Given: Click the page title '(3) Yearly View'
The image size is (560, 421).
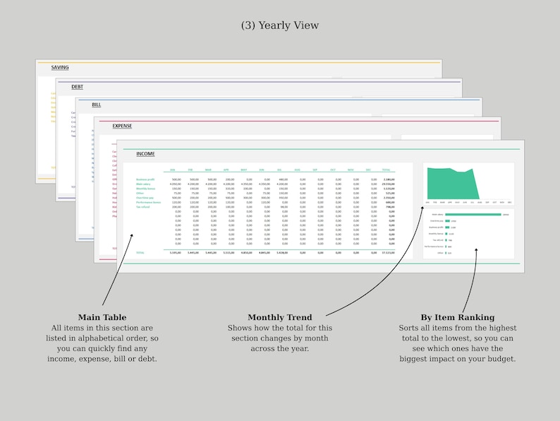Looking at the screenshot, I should [x=280, y=25].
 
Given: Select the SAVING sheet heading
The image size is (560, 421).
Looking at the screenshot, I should [x=60, y=68].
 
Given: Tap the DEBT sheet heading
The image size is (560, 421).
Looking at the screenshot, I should [x=77, y=87].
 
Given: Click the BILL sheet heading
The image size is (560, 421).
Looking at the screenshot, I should [x=96, y=105].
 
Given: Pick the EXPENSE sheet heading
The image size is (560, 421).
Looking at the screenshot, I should [x=122, y=126].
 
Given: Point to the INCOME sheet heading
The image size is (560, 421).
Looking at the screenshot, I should [x=145, y=154].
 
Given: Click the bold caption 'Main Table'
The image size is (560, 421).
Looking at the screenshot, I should [x=102, y=318].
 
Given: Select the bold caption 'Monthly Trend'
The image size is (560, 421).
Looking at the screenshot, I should [x=279, y=318].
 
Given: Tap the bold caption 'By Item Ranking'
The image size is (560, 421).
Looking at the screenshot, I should [x=457, y=318].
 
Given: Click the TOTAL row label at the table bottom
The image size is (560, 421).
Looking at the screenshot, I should [x=140, y=252].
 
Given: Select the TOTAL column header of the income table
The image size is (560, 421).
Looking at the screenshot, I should [x=386, y=170].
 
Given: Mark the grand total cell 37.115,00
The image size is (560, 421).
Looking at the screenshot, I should [x=387, y=252].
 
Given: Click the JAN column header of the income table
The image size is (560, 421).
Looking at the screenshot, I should [x=172, y=170].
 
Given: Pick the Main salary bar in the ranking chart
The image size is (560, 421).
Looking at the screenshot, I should [x=473, y=214].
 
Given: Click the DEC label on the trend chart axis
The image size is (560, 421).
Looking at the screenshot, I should [x=510, y=202].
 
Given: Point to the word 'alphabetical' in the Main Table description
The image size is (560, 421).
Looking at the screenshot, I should [x=112, y=338].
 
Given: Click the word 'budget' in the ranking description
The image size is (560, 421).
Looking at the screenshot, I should [x=498, y=359].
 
